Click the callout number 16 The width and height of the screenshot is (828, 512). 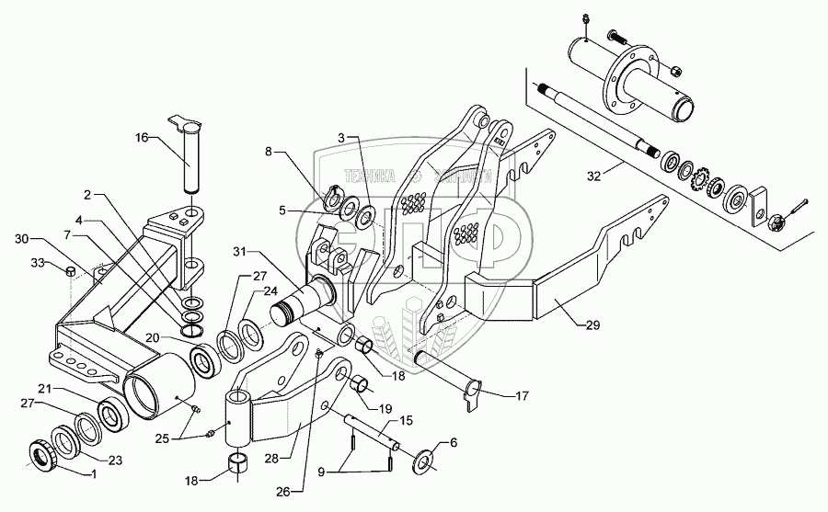tap(141, 138)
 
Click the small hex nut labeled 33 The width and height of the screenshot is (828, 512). tap(71, 271)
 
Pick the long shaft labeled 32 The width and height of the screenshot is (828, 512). tap(598, 117)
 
